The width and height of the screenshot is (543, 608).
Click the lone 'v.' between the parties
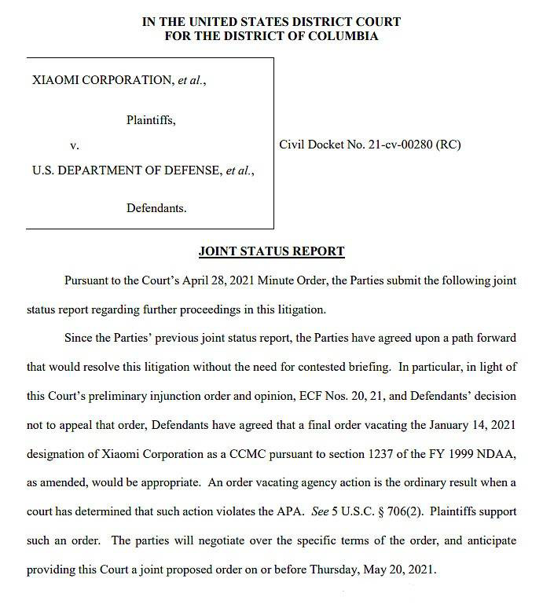pos(75,145)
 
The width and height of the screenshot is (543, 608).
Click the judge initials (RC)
pos(448,145)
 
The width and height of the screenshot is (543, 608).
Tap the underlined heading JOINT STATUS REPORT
pos(271,251)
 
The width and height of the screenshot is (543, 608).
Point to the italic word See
pos(299,512)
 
